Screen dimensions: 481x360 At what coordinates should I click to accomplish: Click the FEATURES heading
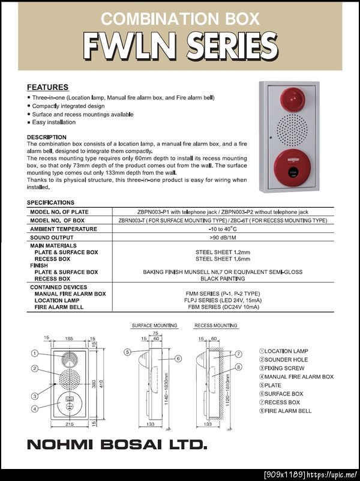(x=48, y=87)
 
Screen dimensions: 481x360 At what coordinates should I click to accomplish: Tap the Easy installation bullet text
(x=54, y=123)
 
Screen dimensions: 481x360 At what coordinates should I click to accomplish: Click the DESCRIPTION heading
(x=47, y=138)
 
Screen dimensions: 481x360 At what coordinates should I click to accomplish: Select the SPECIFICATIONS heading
(x=51, y=203)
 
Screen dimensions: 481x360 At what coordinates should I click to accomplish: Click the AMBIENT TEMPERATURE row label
(x=64, y=229)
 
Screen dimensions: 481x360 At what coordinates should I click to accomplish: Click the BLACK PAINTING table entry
(x=223, y=279)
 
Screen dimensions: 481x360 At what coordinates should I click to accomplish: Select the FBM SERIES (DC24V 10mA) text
(x=223, y=307)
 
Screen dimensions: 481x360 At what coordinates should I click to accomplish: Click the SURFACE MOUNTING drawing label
(x=154, y=326)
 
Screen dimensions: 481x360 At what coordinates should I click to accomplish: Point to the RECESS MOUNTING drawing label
(x=216, y=326)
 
